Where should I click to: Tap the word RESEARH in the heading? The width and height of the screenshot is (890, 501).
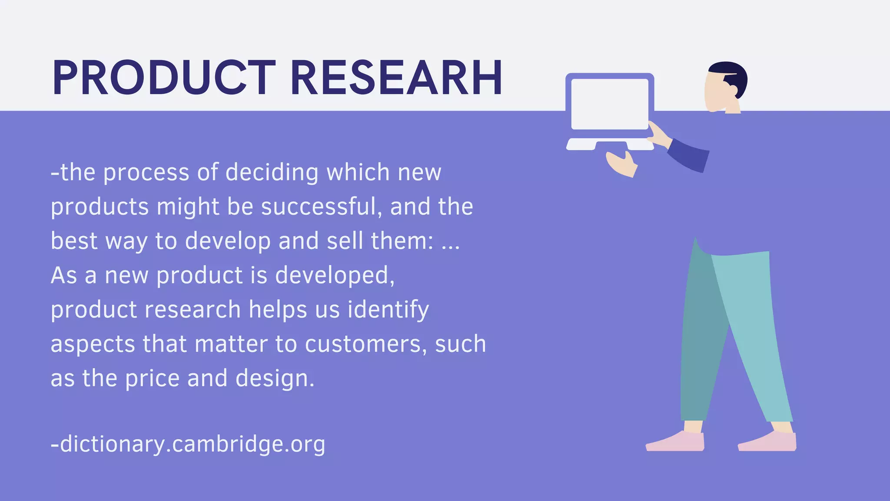pyautogui.click(x=396, y=78)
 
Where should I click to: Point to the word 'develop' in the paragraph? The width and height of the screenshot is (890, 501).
pyautogui.click(x=228, y=241)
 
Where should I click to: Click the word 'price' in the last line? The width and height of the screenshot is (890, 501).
pyautogui.click(x=152, y=378)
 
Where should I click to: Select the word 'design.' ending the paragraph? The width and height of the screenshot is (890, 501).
pyautogui.click(x=275, y=378)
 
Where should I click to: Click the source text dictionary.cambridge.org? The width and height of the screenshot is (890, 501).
pyautogui.click(x=188, y=444)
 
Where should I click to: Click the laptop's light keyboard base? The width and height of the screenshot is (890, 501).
pyautogui.click(x=610, y=144)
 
